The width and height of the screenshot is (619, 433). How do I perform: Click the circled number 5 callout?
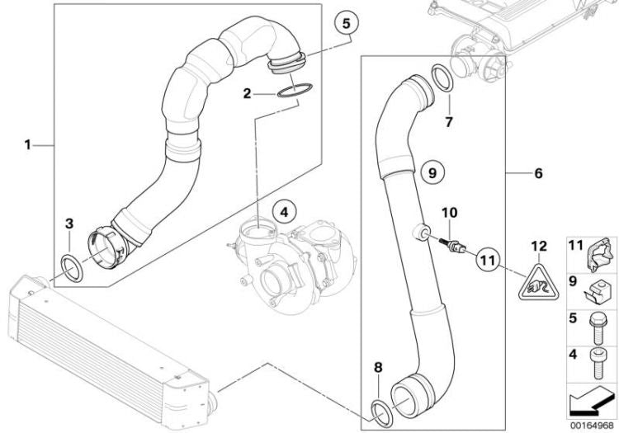click(346, 24)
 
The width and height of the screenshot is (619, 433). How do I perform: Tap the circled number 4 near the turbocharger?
click(284, 213)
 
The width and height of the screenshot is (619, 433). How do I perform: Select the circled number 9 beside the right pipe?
click(432, 172)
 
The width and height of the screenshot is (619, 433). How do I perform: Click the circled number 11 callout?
click(488, 260)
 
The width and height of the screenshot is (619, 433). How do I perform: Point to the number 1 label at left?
click(27, 145)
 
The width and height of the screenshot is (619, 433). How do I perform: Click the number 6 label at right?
click(538, 173)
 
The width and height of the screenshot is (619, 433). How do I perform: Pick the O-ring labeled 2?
click(295, 90)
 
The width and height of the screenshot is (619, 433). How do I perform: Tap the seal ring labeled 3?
click(72, 269)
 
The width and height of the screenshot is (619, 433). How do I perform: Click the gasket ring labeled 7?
click(442, 78)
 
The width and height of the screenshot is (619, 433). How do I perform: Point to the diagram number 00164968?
click(592, 426)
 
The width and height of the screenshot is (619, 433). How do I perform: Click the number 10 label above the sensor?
click(450, 213)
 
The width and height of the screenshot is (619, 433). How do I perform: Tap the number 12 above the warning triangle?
click(539, 246)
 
